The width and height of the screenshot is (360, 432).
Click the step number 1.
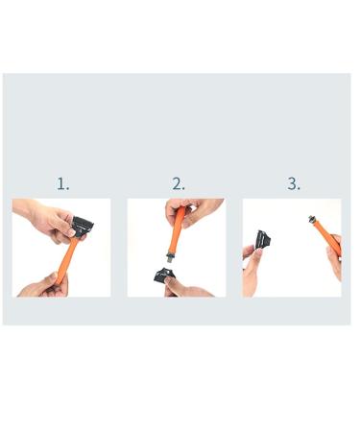62,183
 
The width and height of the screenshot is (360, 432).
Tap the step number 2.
178,183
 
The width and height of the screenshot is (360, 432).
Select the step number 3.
293,183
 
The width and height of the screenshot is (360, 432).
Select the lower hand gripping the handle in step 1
43,284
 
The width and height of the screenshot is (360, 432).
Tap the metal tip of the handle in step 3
309,220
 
